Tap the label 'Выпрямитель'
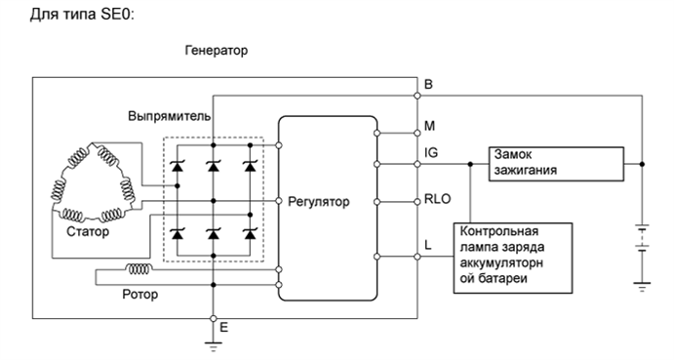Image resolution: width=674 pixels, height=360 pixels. (x=169, y=115)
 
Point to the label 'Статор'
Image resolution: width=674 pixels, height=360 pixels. (x=89, y=232)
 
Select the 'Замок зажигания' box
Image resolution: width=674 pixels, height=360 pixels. (x=554, y=164)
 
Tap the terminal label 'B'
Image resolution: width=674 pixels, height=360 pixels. (x=429, y=85)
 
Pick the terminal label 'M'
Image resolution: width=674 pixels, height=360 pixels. (x=430, y=126)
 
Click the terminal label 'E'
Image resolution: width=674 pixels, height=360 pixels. (x=223, y=328)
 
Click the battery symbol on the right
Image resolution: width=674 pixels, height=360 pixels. (x=640, y=239)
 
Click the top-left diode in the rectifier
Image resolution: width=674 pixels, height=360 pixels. (x=178, y=166)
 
